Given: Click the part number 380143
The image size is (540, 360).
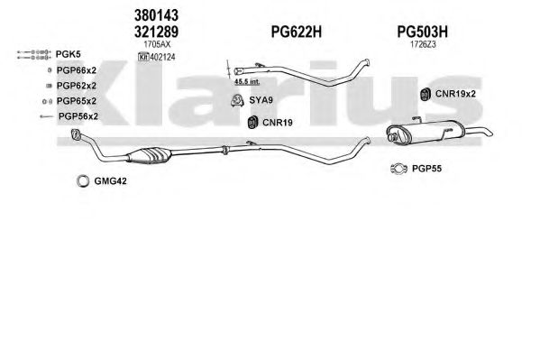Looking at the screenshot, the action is tap(156, 15).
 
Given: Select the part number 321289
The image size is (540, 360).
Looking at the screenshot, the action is tap(156, 32).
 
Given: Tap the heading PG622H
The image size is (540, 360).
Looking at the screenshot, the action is tap(297, 32).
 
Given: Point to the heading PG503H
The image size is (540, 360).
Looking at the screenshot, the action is tap(423, 32).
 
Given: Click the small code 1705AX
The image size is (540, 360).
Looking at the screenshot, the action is tap(157, 44).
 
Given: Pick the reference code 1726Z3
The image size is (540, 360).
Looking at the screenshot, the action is tap(423, 44).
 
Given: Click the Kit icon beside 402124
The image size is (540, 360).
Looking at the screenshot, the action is tap(143, 57).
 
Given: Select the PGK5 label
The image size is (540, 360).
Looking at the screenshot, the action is tap(69, 54).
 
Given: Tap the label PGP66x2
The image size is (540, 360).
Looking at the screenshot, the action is tap(77, 70).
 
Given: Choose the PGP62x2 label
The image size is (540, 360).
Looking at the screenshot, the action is tap(77, 86).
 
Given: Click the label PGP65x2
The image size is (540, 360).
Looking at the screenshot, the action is tap(77, 101).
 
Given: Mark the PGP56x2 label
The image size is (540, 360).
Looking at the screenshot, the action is tap(78, 116).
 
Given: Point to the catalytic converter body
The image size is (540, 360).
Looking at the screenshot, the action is tap(150, 155).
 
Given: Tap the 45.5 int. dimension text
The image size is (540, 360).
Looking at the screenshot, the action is tap(247, 82).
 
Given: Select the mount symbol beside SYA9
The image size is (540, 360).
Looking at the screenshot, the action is tap(237, 101).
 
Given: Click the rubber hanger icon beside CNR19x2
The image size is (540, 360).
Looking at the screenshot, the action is tap(426, 94).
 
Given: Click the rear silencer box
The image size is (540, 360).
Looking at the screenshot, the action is tap(425, 133).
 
